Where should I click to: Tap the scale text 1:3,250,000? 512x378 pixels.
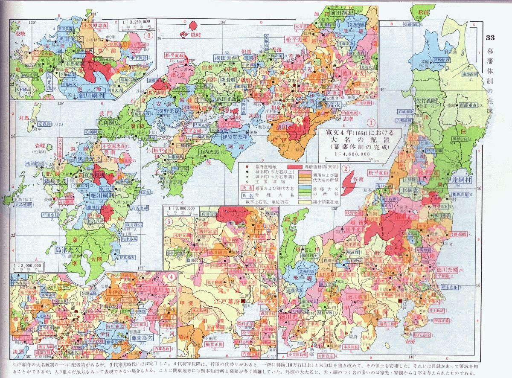136,20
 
